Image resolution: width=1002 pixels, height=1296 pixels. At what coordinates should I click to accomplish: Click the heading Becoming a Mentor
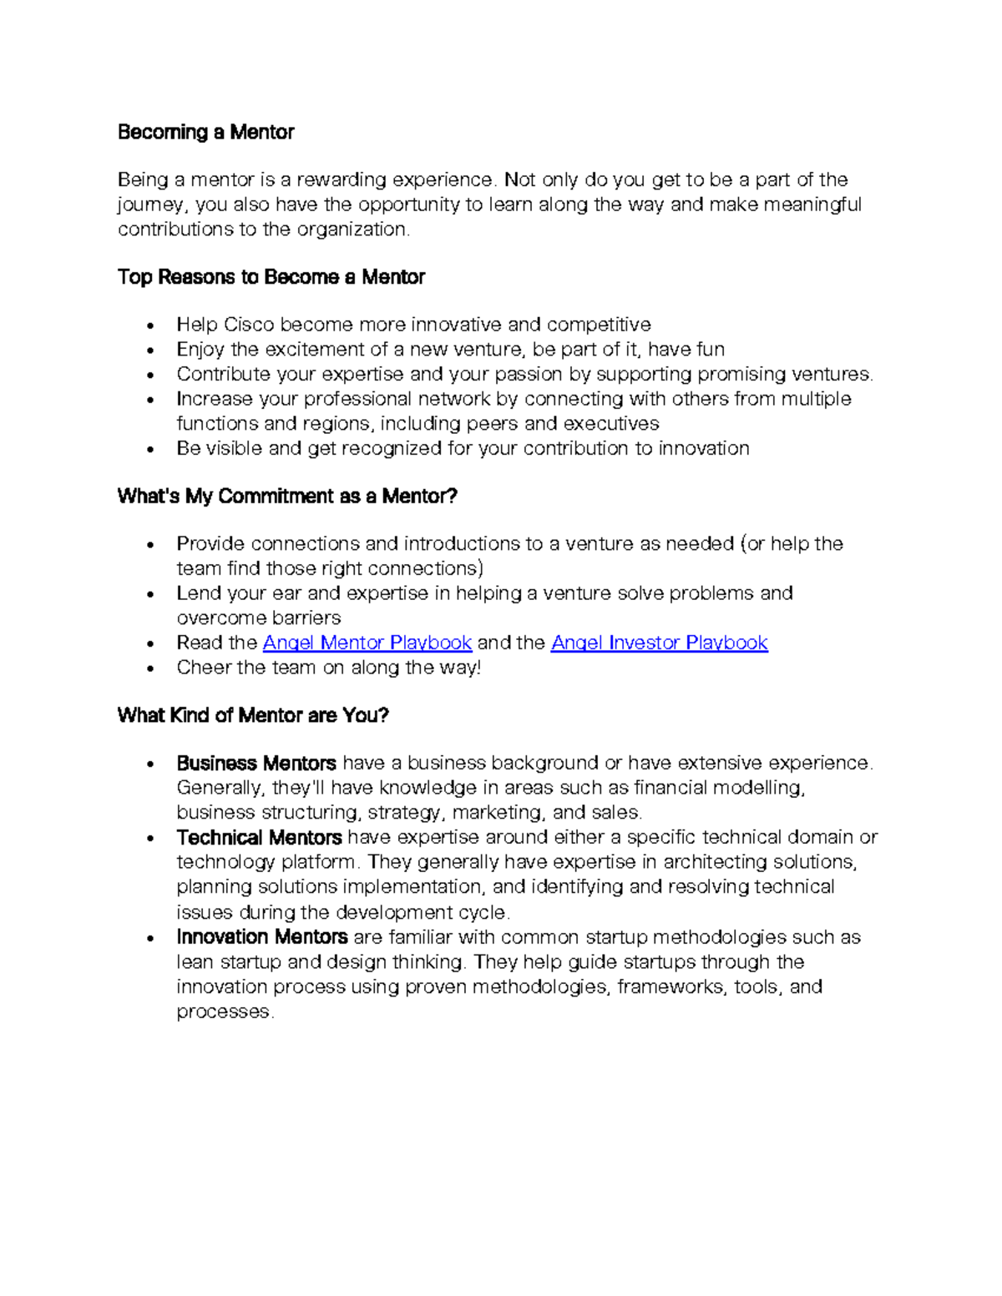tap(205, 132)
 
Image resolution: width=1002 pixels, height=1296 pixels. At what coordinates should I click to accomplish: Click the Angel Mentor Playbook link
tap(367, 643)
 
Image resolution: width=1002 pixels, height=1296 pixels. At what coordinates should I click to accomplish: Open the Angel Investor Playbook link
tap(659, 643)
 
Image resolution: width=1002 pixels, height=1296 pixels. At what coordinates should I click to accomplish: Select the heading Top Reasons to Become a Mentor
tap(271, 277)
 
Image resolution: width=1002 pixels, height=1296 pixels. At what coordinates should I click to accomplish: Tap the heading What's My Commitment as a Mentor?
tap(287, 497)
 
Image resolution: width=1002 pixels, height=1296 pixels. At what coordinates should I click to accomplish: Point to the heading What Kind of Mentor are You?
tap(253, 715)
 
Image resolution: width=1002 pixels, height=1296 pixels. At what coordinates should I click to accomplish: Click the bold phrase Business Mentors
tap(256, 763)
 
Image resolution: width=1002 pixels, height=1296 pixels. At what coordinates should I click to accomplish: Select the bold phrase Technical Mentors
tap(259, 837)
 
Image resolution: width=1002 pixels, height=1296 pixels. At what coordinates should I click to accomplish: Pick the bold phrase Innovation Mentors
tap(262, 937)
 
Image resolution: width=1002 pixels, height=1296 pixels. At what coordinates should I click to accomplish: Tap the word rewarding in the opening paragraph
tap(342, 179)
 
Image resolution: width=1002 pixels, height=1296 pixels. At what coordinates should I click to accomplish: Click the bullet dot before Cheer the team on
tap(149, 668)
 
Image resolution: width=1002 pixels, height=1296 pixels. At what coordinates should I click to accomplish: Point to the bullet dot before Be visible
tap(149, 450)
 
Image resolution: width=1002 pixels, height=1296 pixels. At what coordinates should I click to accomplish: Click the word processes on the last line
tap(223, 1011)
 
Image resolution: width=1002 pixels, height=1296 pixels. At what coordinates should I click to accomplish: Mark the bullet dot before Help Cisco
tap(149, 325)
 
